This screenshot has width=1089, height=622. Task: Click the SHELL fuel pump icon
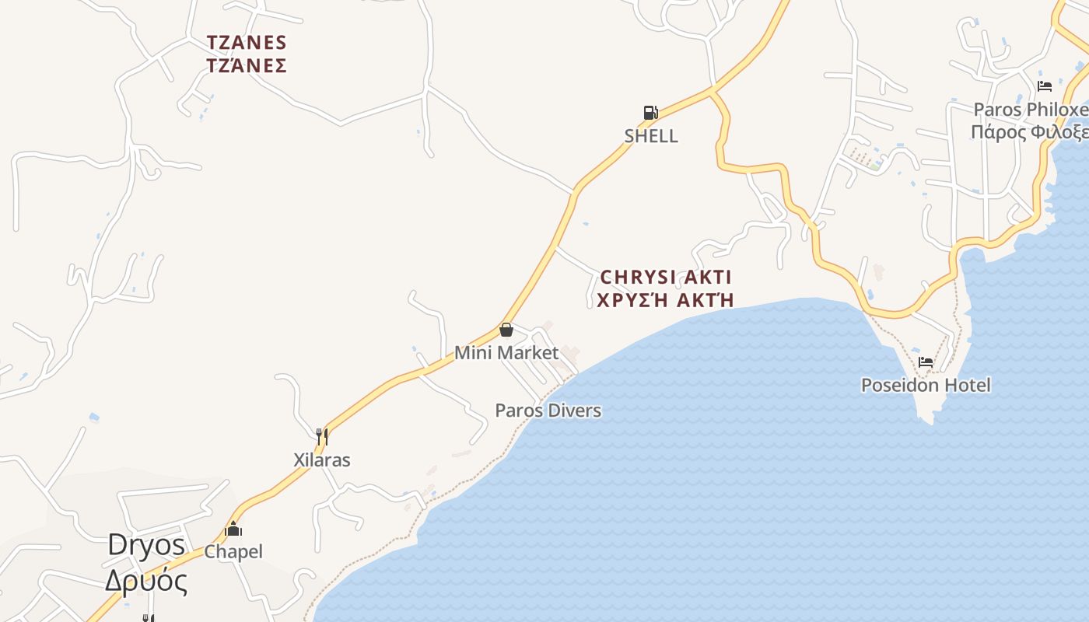pos(650,113)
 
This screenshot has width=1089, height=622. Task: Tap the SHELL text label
pos(651,136)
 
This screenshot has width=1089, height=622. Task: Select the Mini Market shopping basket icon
pos(506,330)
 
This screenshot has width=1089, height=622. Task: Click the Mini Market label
pos(506,353)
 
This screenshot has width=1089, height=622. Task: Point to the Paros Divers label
pos(548,411)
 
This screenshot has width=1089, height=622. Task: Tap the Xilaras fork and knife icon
pos(322,436)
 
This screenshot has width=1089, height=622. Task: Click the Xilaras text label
pos(322,460)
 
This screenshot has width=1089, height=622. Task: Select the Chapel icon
pos(233,529)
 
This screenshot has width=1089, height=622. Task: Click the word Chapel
pos(233,552)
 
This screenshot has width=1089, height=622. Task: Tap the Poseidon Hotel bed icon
pos(926,362)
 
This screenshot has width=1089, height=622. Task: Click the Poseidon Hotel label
pos(926,385)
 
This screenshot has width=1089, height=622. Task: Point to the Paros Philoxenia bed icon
pos(1045,86)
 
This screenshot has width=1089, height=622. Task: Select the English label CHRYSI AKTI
pos(666,278)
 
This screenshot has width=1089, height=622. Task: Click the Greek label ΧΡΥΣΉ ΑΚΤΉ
pos(666,300)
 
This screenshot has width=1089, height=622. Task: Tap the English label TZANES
pos(247,42)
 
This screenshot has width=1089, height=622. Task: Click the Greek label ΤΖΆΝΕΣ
pos(247,65)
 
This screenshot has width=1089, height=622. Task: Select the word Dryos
pos(146,544)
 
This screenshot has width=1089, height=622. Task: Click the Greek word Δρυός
pos(146,581)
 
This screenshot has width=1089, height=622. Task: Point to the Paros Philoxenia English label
pos(1031,110)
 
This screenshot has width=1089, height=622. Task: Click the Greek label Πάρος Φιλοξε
pos(1029,131)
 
